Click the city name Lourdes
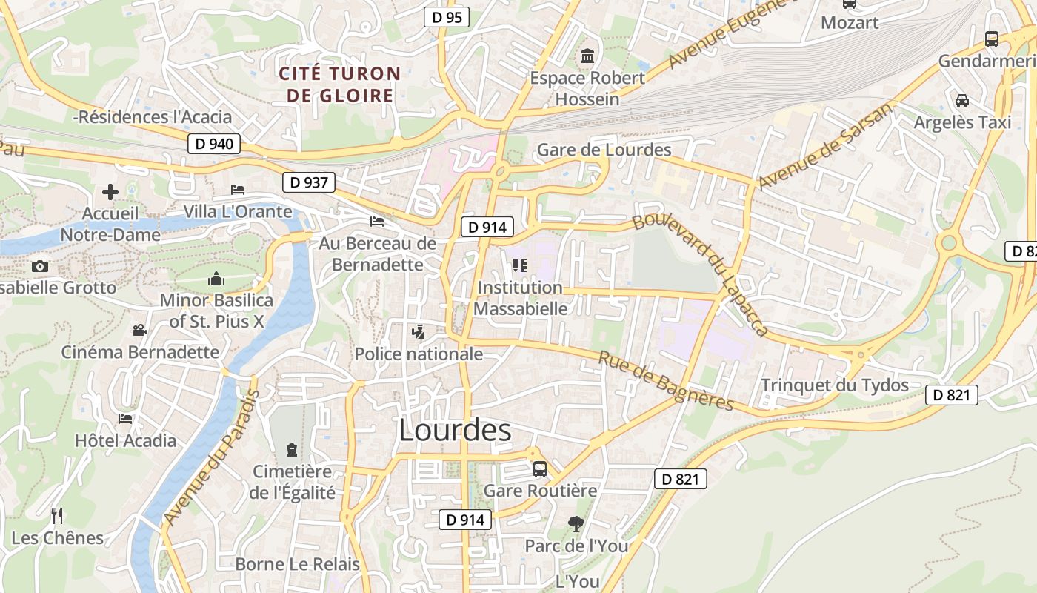[x=455, y=431]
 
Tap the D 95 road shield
[x=447, y=17]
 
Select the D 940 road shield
[x=214, y=144]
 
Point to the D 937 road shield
[x=309, y=182]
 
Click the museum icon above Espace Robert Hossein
[x=588, y=56]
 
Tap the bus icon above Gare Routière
[x=540, y=468]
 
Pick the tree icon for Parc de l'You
[x=576, y=524]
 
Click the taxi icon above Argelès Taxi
[x=962, y=100]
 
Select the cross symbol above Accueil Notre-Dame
[x=110, y=192]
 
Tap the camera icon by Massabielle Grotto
[x=40, y=266]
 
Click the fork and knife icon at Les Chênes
[x=57, y=515]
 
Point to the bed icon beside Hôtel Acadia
[x=125, y=419]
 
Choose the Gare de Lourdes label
[x=604, y=150]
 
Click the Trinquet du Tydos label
[x=835, y=385]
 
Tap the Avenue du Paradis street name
[x=210, y=457]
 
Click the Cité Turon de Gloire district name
[x=339, y=85]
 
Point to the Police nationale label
[x=419, y=354]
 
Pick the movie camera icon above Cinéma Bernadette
[x=139, y=330]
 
